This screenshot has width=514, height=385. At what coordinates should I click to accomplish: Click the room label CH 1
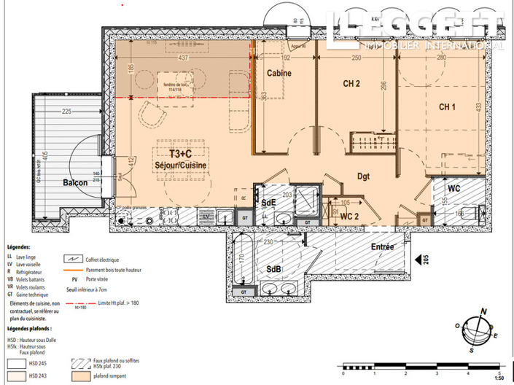pos(448,106)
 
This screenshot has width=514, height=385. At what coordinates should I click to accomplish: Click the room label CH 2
pos(351,84)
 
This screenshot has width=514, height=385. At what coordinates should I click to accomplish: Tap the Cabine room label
pos(279,74)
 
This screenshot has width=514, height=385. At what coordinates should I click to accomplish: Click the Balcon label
pos(76,182)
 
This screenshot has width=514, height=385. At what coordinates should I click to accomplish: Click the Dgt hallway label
pos(365,175)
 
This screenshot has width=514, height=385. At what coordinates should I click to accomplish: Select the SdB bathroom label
pos(273,270)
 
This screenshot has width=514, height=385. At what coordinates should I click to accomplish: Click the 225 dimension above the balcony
pos(66,112)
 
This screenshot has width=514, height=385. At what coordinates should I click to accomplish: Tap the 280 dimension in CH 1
pos(440,57)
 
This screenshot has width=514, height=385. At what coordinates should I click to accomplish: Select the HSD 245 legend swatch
pos(15,361)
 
